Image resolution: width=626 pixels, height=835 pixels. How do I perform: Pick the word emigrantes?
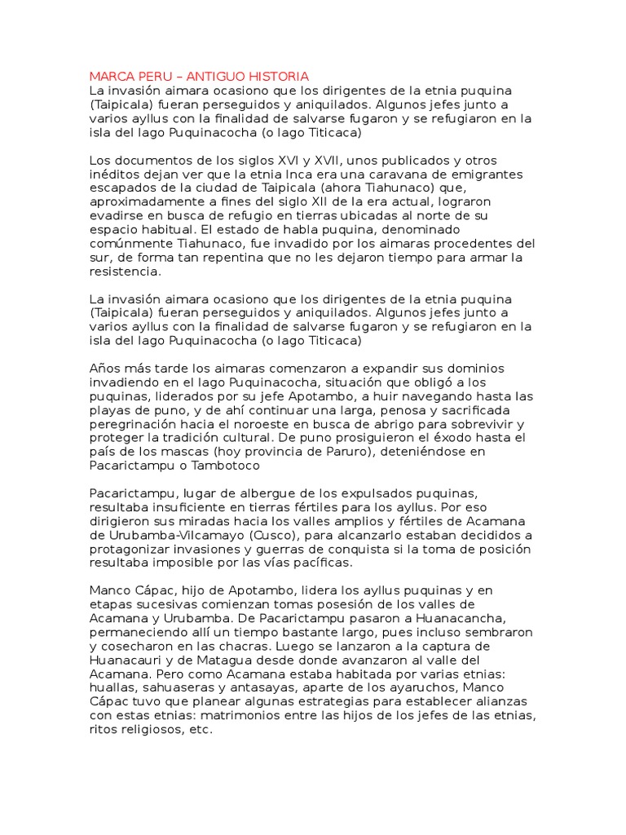tap(454, 175)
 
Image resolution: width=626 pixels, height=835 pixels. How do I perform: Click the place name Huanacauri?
tap(133, 661)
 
